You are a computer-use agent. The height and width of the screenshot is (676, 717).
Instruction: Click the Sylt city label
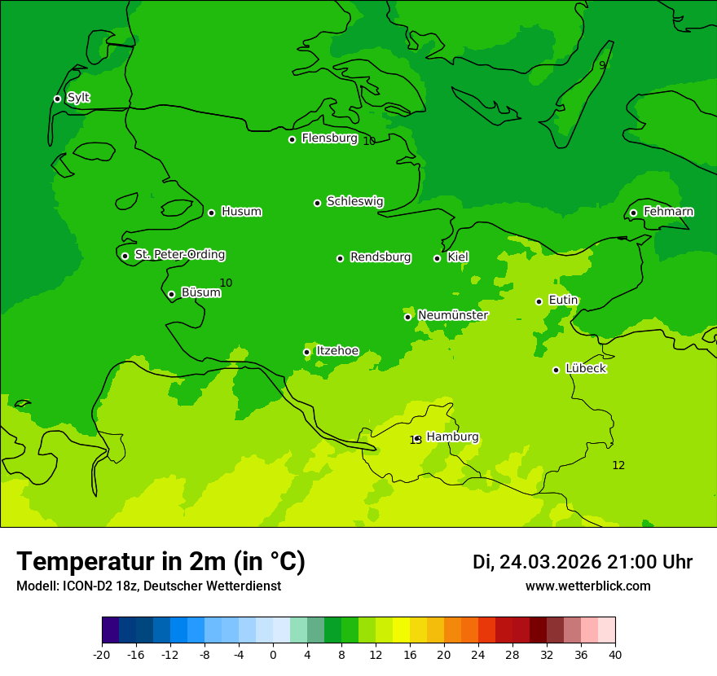tap(78, 98)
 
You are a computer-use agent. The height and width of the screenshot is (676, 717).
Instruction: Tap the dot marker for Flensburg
tap(292, 139)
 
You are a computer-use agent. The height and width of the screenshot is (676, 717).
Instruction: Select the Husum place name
tap(241, 212)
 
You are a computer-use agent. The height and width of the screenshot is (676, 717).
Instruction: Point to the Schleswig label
tap(354, 201)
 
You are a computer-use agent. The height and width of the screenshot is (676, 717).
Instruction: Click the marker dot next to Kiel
tap(437, 258)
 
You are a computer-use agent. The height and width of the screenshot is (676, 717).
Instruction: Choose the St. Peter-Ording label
tap(179, 255)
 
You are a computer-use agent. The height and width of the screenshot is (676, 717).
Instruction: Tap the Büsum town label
tap(200, 292)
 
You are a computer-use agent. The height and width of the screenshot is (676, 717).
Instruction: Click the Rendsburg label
tap(380, 257)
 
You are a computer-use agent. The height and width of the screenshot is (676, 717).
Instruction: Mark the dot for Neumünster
tap(407, 317)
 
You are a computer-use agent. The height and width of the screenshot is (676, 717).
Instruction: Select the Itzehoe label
tap(337, 351)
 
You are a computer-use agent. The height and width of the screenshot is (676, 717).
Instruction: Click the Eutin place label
tap(563, 301)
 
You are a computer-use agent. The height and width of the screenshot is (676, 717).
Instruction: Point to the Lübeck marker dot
tap(556, 370)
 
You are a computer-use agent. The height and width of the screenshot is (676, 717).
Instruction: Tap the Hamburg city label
tap(452, 437)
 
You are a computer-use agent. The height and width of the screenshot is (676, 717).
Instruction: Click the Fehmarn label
tap(668, 212)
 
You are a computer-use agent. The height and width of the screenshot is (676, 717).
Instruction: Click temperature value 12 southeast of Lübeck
tap(618, 465)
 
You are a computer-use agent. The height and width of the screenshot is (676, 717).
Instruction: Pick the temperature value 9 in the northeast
tap(602, 65)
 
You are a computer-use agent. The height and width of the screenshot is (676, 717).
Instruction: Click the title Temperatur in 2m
tap(161, 561)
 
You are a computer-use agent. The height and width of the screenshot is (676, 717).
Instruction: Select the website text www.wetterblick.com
tap(587, 586)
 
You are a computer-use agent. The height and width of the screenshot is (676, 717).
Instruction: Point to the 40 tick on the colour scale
tap(615, 654)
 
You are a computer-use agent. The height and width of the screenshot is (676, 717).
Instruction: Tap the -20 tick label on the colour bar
tap(102, 654)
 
